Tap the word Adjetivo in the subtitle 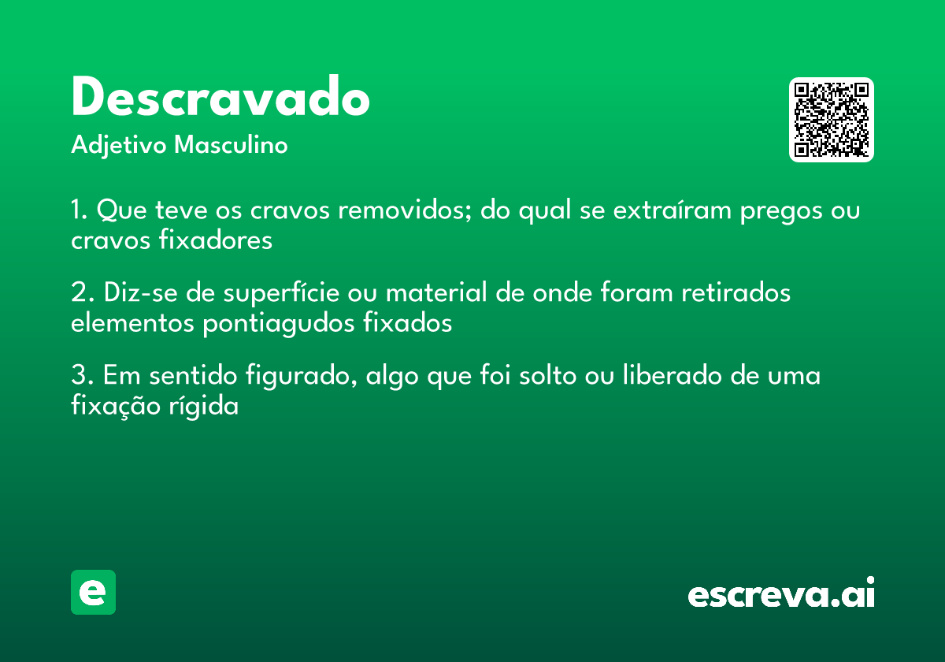click(x=119, y=146)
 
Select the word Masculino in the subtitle click(x=231, y=146)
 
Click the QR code click(x=832, y=120)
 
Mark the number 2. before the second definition click(x=82, y=293)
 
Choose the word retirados click(x=735, y=293)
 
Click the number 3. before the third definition click(x=82, y=376)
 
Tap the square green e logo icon click(x=93, y=592)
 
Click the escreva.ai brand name click(x=781, y=593)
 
